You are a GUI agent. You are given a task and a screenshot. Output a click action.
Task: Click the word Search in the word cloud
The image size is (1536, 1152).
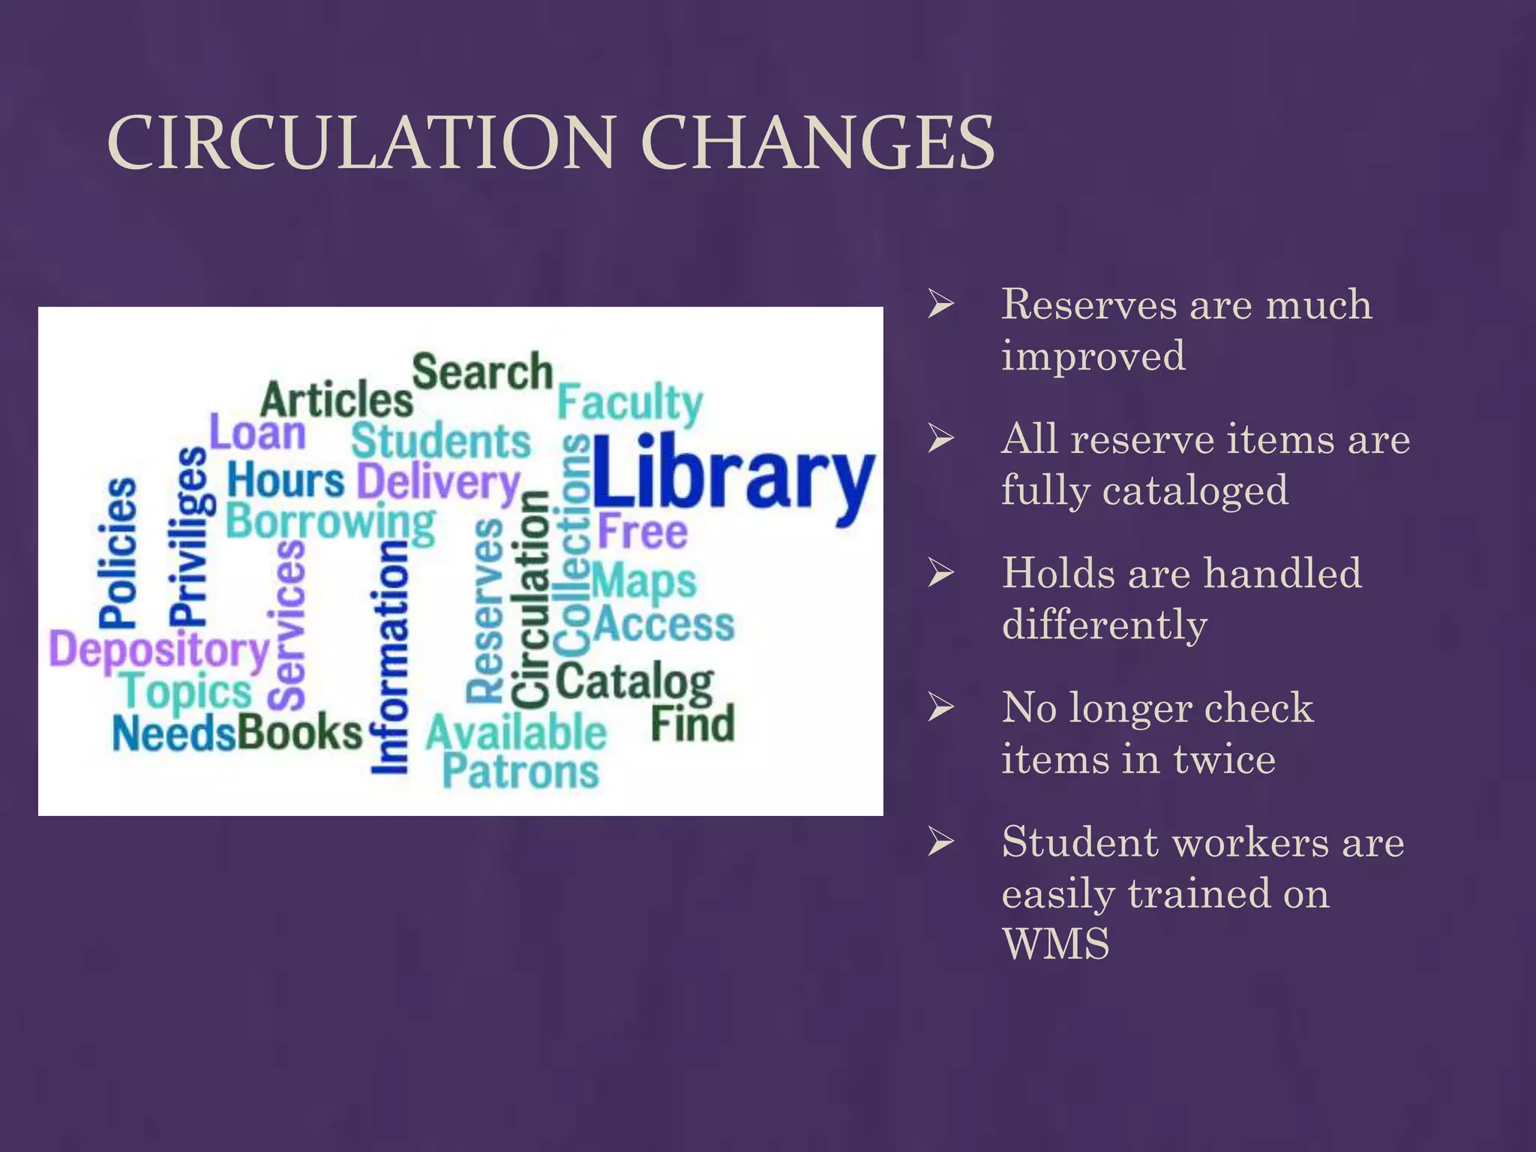click(x=482, y=372)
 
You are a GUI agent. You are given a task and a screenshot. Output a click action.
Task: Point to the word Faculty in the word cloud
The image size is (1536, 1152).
click(x=630, y=405)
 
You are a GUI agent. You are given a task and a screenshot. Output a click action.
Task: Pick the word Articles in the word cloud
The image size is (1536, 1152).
click(x=337, y=400)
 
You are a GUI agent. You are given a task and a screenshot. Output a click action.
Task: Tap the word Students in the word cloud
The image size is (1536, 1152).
click(x=441, y=441)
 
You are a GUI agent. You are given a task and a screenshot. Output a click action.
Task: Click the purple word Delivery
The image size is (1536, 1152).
click(x=439, y=482)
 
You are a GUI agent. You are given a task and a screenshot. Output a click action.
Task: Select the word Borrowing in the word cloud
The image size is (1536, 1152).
click(x=330, y=522)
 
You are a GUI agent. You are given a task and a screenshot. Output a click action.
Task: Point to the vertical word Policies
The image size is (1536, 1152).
click(x=118, y=552)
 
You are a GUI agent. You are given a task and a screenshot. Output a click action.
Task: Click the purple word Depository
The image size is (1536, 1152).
click(x=159, y=650)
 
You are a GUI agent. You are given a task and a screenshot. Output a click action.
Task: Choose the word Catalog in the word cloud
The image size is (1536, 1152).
click(x=634, y=682)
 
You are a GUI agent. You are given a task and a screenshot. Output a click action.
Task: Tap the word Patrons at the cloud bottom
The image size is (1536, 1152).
click(x=520, y=771)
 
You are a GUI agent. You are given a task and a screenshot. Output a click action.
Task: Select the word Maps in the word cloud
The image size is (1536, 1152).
click(x=644, y=582)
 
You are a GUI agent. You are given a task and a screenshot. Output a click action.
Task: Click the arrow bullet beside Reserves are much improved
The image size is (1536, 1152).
click(x=940, y=304)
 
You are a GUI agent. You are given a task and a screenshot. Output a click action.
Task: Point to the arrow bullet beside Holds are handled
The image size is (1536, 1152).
click(x=940, y=573)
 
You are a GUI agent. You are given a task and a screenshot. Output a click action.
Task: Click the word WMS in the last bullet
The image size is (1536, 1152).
click(x=1055, y=943)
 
